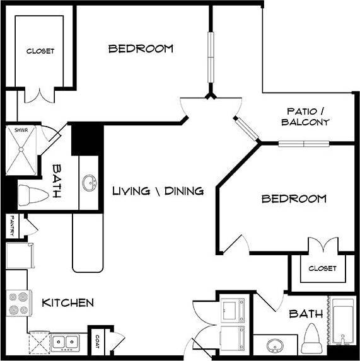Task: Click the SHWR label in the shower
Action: click(14, 131)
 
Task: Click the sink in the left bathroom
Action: click(90, 184)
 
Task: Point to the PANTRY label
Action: click(12, 226)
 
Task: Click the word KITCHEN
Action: click(67, 303)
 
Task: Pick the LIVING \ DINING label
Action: click(158, 190)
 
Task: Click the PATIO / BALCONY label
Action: click(305, 117)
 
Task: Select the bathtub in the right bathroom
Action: click(344, 323)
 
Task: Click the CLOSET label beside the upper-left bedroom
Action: click(40, 51)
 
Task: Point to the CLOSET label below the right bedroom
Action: click(322, 268)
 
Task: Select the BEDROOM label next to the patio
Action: click(294, 199)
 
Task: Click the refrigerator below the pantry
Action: click(17, 256)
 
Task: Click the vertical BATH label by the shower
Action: click(57, 181)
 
